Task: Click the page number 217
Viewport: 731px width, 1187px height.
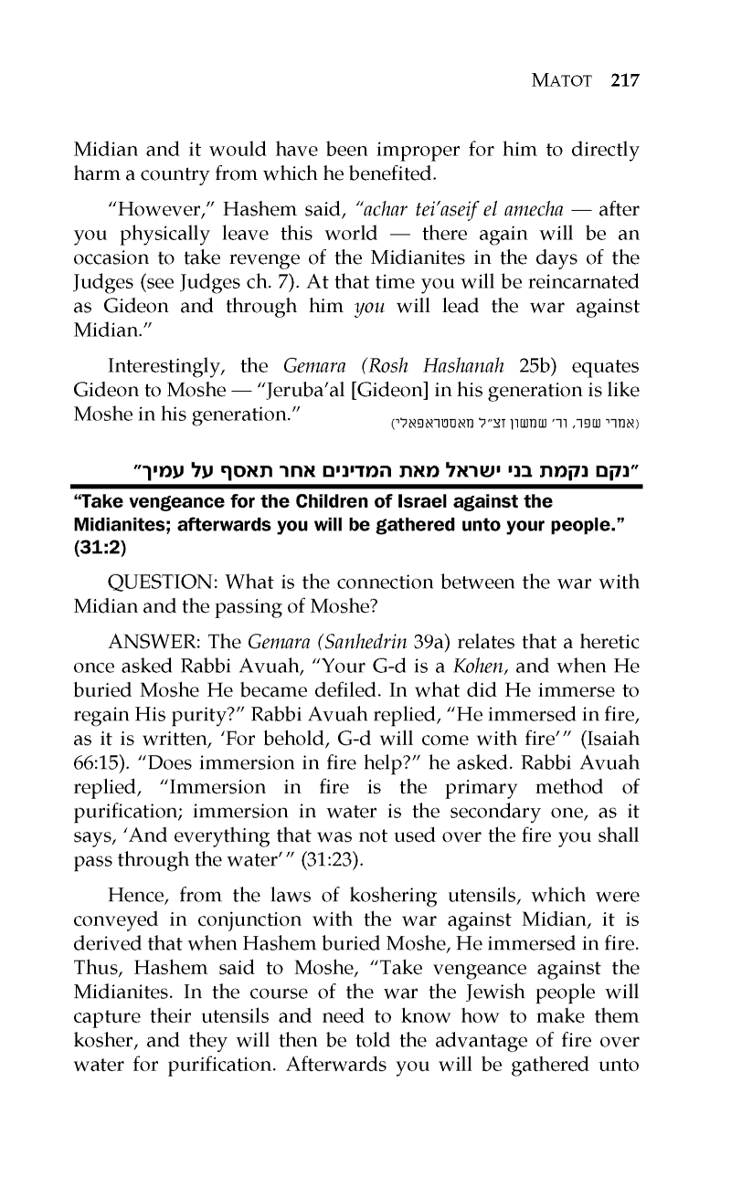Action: point(625,79)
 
